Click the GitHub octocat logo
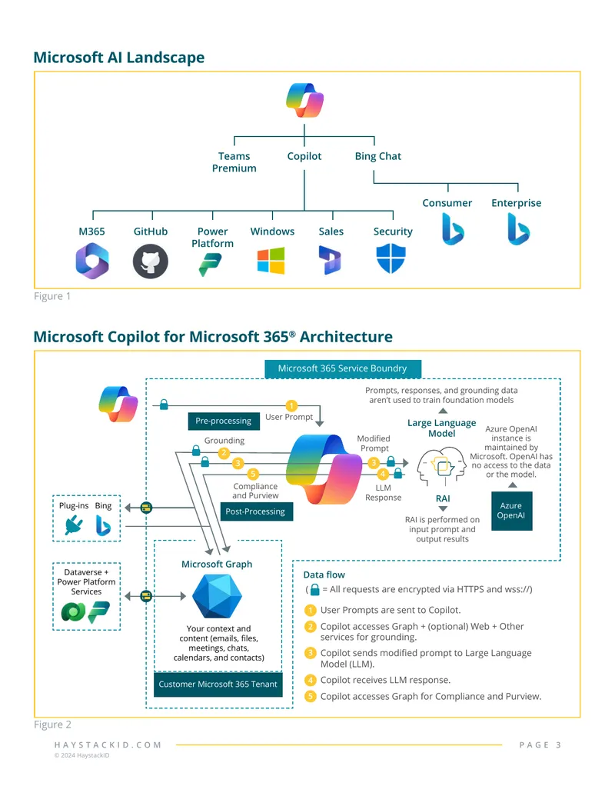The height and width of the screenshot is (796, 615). pyautogui.click(x=150, y=261)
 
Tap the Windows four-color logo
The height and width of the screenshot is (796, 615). pyautogui.click(x=271, y=261)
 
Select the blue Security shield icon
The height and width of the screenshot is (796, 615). pyautogui.click(x=391, y=258)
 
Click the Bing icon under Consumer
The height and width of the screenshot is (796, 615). pyautogui.click(x=453, y=229)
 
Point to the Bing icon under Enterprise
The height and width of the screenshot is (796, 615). pyautogui.click(x=518, y=229)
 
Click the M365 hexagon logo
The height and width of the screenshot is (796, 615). pyautogui.click(x=91, y=261)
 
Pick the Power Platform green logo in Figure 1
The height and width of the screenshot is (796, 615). pyautogui.click(x=210, y=265)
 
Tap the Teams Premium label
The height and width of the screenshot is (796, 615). pyautogui.click(x=234, y=162)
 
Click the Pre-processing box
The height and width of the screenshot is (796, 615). pyautogui.click(x=224, y=421)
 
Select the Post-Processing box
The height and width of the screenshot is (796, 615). pyautogui.click(x=256, y=511)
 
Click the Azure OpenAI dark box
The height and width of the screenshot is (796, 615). pyautogui.click(x=511, y=511)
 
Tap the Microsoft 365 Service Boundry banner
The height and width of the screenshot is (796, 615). pyautogui.click(x=343, y=368)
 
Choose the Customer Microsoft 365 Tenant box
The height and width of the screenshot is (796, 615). pyautogui.click(x=218, y=684)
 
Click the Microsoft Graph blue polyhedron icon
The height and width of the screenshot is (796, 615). pyautogui.click(x=218, y=597)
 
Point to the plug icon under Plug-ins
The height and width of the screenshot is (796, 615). pyautogui.click(x=74, y=525)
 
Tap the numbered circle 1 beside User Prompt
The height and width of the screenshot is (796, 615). pyautogui.click(x=291, y=405)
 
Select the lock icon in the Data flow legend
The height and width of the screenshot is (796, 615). pyautogui.click(x=314, y=589)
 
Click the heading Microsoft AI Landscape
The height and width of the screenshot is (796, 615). pyautogui.click(x=119, y=58)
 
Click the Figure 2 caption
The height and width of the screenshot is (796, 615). pyautogui.click(x=53, y=724)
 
